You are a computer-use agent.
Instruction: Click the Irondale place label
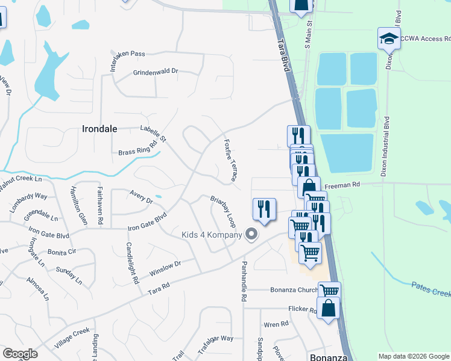pos(99,128)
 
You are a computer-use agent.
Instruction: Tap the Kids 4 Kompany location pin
pos(251,235)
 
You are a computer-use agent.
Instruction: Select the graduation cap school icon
pos(389,39)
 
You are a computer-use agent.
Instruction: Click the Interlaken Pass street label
pos(128,54)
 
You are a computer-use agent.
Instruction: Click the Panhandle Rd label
pos(245,281)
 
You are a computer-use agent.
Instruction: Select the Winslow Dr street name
pos(165,267)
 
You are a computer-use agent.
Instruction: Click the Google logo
pos(20,354)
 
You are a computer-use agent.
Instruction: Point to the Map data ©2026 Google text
pos(413,356)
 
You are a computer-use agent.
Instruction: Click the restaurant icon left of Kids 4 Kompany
pos(263,209)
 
